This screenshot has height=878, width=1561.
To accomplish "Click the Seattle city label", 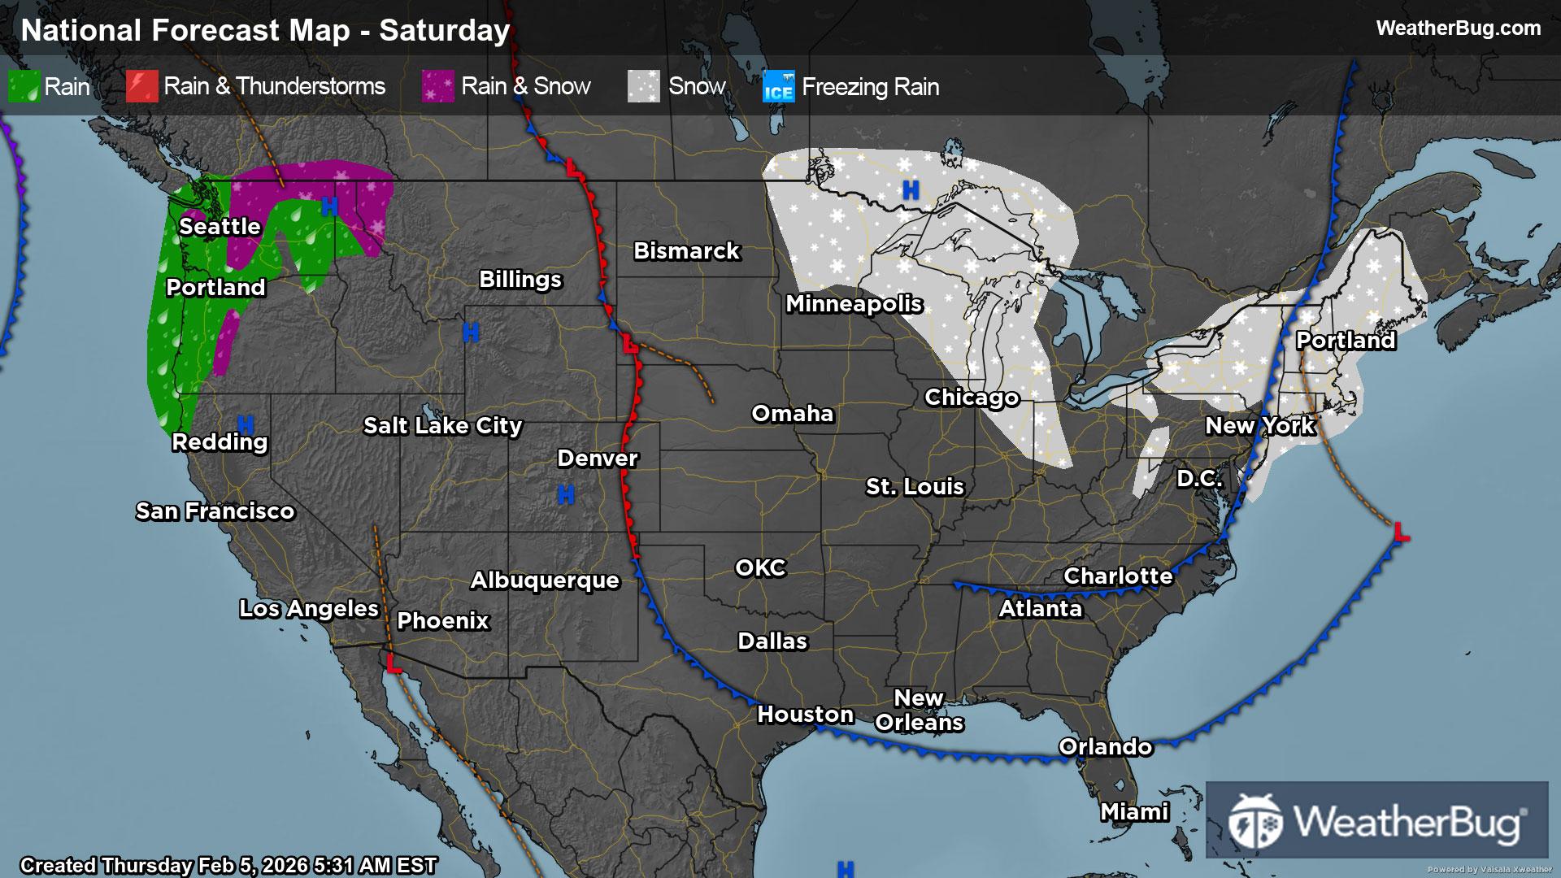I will point(220,226).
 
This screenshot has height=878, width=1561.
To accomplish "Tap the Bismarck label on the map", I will point(686,250).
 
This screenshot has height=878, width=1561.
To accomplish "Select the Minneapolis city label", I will point(854,304).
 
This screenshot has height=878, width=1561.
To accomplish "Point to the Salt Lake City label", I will point(442,425).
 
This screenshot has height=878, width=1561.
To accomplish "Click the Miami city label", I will point(1134,811).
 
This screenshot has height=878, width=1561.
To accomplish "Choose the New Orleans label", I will point(919,711).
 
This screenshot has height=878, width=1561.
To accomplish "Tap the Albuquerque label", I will point(545,580).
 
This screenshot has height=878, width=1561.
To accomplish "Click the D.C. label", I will point(1199,478).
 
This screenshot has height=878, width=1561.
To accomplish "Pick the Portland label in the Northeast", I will point(1346,340).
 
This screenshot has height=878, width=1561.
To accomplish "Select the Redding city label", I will point(220,442).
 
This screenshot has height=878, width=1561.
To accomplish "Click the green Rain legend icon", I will point(24,86).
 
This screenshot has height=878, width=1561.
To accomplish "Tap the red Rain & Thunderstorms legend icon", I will point(141,86).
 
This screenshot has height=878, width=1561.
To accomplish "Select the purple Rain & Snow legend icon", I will point(438,86).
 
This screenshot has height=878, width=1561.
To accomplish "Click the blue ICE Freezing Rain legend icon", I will point(778,87).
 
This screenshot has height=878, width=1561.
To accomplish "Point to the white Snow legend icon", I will point(644,86).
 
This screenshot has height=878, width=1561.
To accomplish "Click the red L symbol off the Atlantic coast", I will point(1401,532).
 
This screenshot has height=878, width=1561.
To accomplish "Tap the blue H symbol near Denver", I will point(566,493).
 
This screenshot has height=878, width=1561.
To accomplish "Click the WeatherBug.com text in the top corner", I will point(1458,28).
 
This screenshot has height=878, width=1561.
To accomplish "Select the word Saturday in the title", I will point(445,31).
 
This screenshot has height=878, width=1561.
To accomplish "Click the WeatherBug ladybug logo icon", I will point(1255,821).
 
